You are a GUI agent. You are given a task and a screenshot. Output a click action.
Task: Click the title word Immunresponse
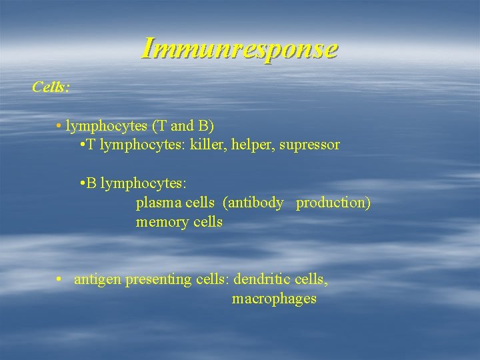[x=240, y=49]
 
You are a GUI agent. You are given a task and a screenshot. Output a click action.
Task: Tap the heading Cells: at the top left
[x=51, y=87]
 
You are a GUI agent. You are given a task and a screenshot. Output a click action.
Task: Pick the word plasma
[x=157, y=203]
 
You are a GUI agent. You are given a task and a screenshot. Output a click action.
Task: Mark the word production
[x=331, y=203]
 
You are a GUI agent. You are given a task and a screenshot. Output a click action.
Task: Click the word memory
[x=161, y=222]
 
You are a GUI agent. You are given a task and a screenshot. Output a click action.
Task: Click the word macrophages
[x=274, y=299]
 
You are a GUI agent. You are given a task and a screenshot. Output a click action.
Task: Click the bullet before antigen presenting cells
[x=60, y=279]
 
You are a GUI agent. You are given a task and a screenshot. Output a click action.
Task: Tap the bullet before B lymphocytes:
[x=81, y=183]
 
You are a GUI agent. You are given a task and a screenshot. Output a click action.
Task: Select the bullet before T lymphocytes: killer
[x=81, y=145]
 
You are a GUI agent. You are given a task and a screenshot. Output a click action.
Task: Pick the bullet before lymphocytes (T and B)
[x=60, y=125]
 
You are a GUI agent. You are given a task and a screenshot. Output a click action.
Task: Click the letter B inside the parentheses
[x=206, y=125]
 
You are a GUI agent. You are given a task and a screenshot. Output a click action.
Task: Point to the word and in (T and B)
[x=183, y=125]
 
